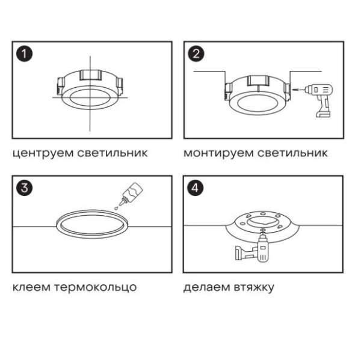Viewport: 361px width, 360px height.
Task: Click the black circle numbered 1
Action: click(24, 54)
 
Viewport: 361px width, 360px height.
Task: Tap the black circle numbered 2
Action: click(196, 54)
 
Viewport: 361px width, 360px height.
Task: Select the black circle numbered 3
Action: click(24, 188)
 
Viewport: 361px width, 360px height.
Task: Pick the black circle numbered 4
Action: click(195, 188)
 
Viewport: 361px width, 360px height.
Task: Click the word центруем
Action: click(43, 153)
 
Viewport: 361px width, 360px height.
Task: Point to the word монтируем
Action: click(218, 153)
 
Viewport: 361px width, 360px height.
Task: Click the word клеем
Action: click(31, 287)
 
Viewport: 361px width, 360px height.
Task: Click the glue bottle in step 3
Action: click(131, 194)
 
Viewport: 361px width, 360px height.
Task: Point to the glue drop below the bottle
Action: click(117, 208)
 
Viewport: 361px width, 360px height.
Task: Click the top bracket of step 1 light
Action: click(91, 75)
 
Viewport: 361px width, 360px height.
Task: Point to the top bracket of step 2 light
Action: click(258, 81)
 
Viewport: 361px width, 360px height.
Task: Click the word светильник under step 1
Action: click(113, 153)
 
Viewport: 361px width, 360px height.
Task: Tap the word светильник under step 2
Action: click(292, 153)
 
